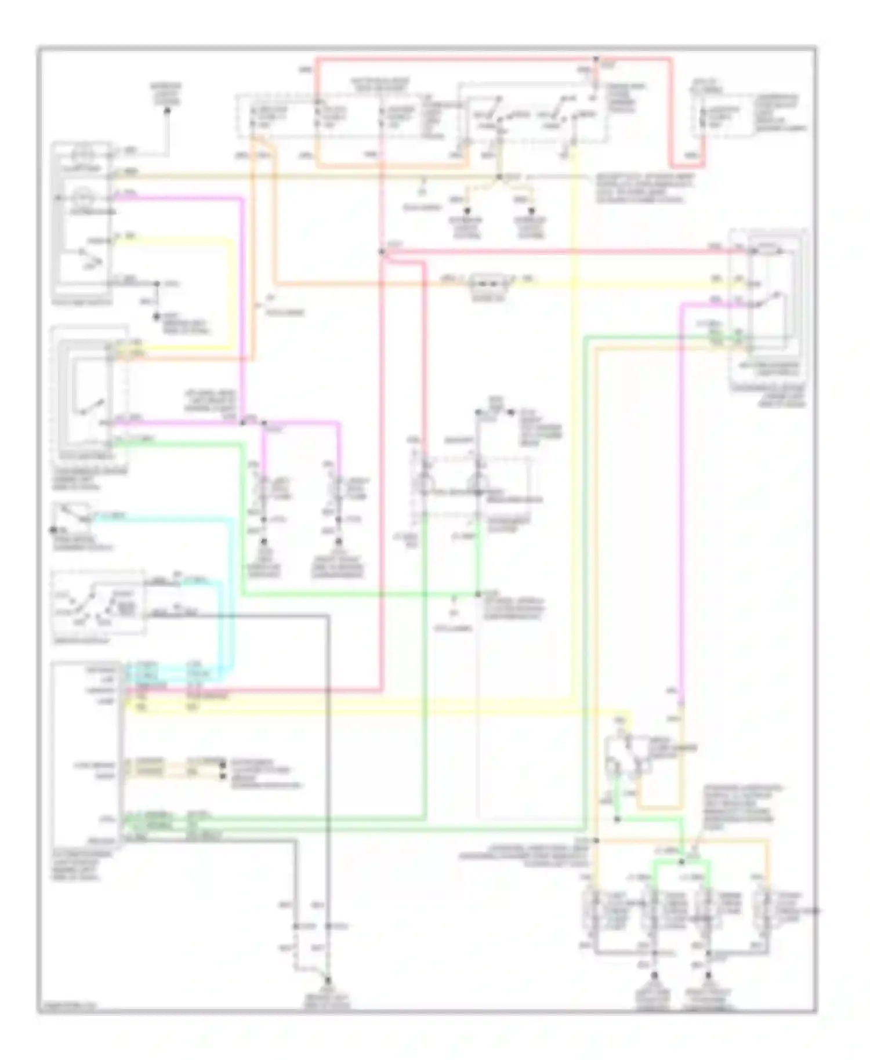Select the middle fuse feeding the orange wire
317,117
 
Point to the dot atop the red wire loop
596,59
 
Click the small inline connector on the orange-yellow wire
488,282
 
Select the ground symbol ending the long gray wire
328,980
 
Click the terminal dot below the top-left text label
167,111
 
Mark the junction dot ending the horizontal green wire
478,594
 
